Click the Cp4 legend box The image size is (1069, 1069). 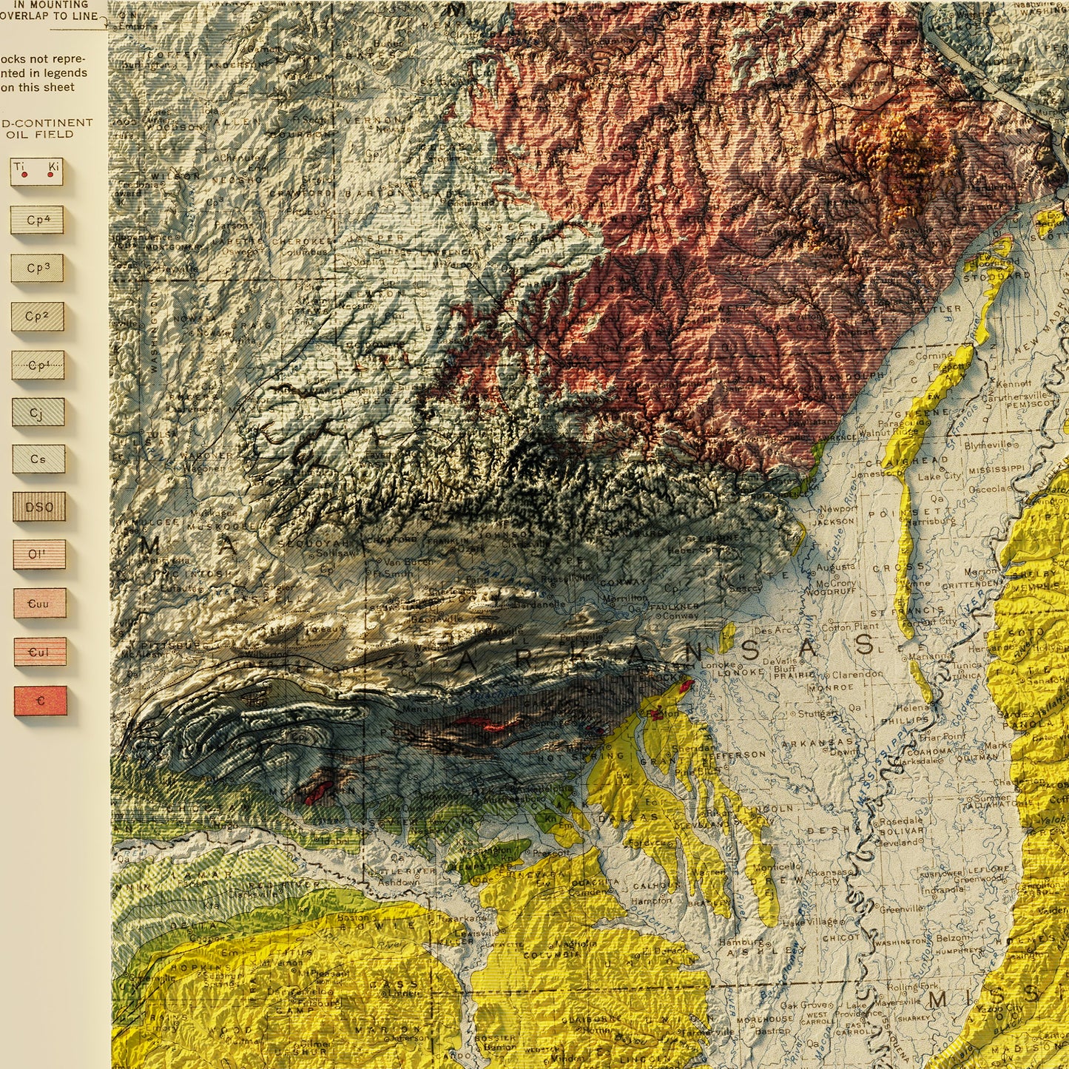tap(37, 220)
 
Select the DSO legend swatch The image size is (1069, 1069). tap(39, 507)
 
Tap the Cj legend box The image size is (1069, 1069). tap(38, 412)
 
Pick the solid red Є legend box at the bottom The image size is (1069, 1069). tap(41, 701)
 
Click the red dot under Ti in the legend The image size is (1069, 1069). tap(24, 175)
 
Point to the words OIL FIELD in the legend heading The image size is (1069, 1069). tap(40, 135)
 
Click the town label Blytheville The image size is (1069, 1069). tap(987, 445)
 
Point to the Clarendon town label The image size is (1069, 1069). tap(857, 674)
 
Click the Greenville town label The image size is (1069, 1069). tap(901, 908)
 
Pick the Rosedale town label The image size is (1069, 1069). tap(900, 820)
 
